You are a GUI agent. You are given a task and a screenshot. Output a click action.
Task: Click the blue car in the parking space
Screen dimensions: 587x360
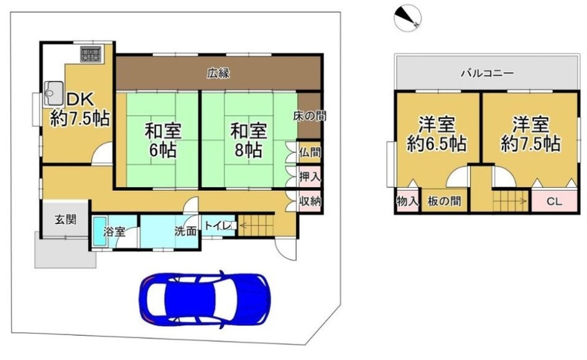tap(205, 298)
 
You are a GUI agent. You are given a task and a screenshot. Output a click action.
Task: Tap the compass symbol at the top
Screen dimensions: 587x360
tap(408, 17)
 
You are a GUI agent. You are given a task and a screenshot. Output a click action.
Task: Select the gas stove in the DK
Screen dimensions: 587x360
tap(91, 53)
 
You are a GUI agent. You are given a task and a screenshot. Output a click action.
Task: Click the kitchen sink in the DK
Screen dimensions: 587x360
tap(54, 93)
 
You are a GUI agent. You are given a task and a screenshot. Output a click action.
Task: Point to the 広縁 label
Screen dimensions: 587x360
tap(218, 73)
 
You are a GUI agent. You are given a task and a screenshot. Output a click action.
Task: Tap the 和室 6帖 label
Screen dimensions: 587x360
tap(163, 141)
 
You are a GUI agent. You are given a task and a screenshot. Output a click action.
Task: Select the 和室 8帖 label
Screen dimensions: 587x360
tap(249, 141)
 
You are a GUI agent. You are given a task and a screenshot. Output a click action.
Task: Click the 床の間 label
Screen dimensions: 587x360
tap(310, 116)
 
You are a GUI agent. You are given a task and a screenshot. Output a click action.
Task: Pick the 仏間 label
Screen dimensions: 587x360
tap(310, 153)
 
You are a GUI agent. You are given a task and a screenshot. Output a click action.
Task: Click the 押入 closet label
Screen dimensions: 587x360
tap(310, 177)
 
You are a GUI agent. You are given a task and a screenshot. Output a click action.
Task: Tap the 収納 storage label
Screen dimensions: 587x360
tap(310, 201)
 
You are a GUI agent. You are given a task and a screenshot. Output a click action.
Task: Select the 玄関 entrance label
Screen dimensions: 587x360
tap(65, 219)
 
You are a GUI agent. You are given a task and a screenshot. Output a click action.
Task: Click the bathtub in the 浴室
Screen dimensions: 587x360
tap(98, 232)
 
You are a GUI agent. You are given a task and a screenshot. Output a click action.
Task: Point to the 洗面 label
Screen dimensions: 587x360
tap(185, 232)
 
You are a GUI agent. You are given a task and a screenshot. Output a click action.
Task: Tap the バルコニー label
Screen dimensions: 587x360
tap(487, 73)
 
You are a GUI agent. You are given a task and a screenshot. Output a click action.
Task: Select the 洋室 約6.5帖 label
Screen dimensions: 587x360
tap(437, 134)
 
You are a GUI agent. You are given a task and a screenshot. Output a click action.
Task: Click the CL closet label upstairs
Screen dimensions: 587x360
tap(554, 201)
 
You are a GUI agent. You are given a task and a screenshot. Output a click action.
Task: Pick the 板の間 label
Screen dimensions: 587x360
tap(444, 201)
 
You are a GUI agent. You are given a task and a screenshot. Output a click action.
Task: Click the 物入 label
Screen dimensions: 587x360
tap(407, 201)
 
